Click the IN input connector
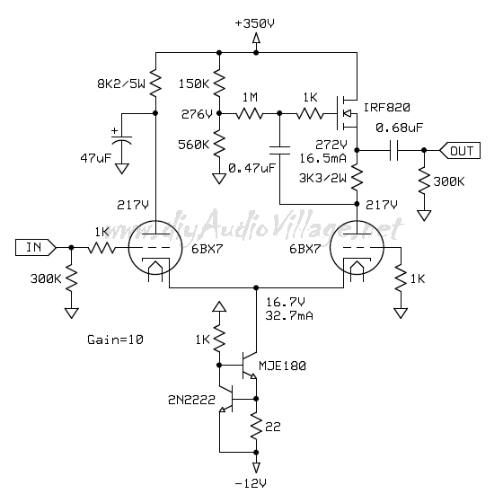coord(36,247)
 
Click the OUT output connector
coord(460,151)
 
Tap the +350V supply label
coord(255,23)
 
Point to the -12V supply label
coord(251,483)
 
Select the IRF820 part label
coord(387,108)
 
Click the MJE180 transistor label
coord(282,366)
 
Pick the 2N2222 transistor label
coord(191,400)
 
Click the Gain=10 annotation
coord(115,340)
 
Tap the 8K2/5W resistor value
coord(121,84)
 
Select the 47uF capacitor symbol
coord(121,140)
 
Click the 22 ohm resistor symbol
coord(256,426)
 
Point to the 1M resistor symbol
coord(250,113)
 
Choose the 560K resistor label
coord(193,145)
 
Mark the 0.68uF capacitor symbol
coord(394,150)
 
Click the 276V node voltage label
coord(197,114)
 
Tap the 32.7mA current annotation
coord(289,315)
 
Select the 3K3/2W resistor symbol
coord(357,178)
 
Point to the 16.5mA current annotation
coord(323,158)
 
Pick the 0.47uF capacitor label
coord(251,168)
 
